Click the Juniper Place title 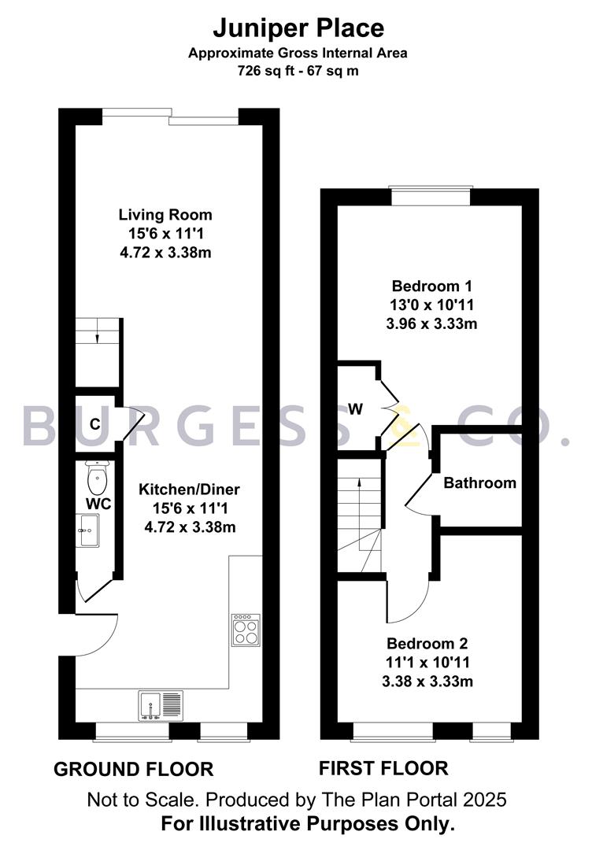[x=298, y=29]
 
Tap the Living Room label [x=165, y=214]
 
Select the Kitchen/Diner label [x=189, y=490]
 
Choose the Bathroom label [x=480, y=482]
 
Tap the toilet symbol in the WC [x=96, y=475]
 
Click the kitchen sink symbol [x=161, y=705]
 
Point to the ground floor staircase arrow [x=97, y=337]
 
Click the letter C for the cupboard [x=94, y=424]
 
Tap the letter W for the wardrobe [x=356, y=408]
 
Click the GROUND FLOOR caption [x=133, y=769]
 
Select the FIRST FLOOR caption [x=383, y=768]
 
